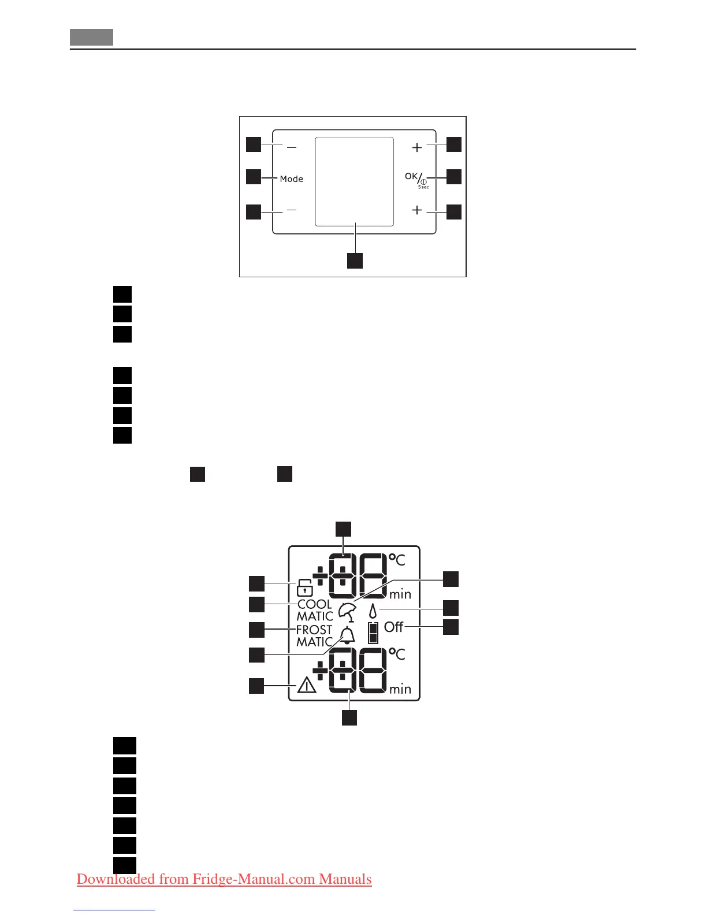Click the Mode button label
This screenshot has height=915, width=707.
click(291, 179)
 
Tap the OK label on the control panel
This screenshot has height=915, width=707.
click(411, 176)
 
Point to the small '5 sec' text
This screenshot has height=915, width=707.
click(424, 187)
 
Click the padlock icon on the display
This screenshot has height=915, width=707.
click(304, 587)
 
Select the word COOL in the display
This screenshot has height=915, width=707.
click(315, 604)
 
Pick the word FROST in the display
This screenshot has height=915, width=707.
click(314, 630)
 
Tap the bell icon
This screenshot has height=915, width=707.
click(347, 635)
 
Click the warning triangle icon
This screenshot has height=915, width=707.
click(306, 686)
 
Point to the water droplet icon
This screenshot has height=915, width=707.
click(373, 611)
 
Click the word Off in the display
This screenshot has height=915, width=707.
click(393, 627)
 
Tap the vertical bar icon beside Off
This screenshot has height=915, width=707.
click(373, 633)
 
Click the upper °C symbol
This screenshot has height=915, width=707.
click(397, 559)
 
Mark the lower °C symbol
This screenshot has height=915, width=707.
click(397, 654)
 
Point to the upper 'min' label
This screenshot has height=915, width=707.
click(400, 594)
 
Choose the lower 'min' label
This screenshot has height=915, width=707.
click(400, 689)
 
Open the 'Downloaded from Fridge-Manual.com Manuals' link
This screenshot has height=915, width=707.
click(224, 879)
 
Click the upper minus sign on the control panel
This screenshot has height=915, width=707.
click(292, 148)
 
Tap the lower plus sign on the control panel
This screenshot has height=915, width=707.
click(417, 210)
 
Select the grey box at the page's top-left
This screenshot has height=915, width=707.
click(91, 37)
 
